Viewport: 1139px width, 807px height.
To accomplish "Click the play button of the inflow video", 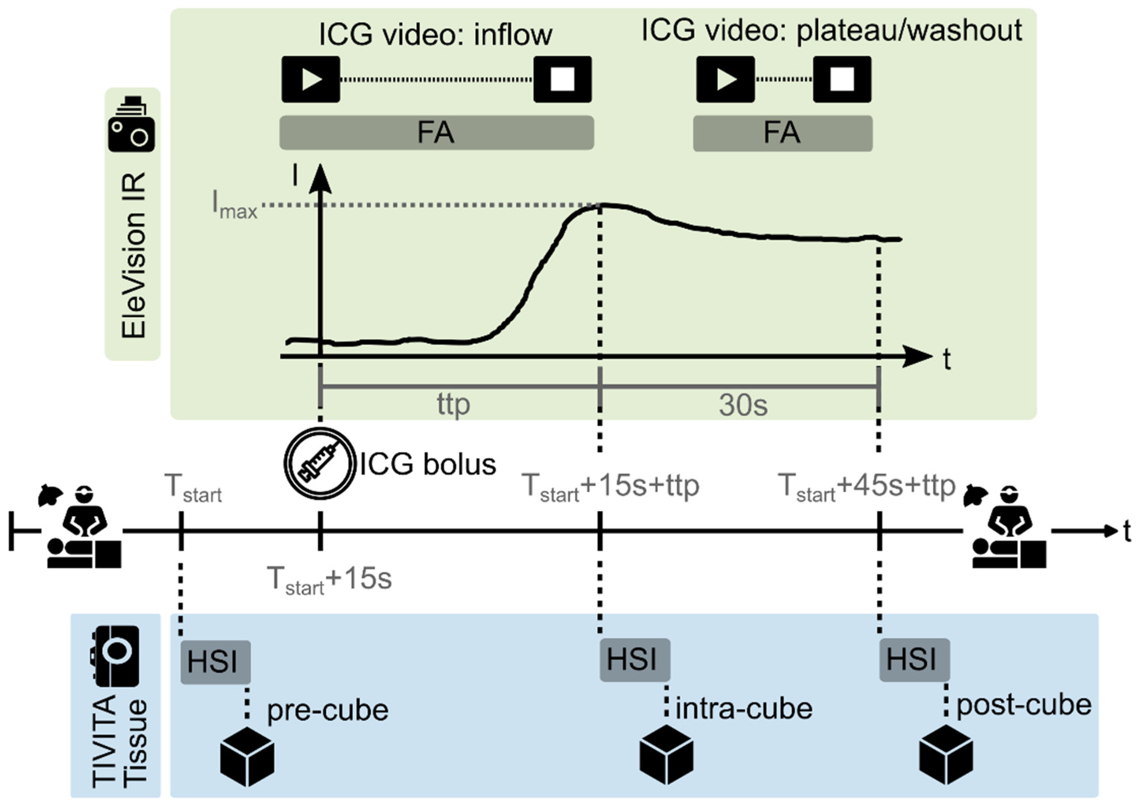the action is pyautogui.click(x=311, y=79).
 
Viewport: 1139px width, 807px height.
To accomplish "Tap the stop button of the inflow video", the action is pyautogui.click(x=563, y=79).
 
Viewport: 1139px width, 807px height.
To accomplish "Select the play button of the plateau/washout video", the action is pyautogui.click(x=726, y=79).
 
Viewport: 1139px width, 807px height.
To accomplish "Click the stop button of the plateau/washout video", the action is pyautogui.click(x=842, y=79).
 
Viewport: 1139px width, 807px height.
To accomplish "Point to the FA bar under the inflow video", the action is pyautogui.click(x=437, y=133).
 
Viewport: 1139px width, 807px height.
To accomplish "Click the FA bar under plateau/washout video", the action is pyautogui.click(x=783, y=133).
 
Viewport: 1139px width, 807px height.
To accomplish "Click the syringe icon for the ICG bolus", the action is pyautogui.click(x=320, y=463).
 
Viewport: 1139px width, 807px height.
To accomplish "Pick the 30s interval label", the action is pyautogui.click(x=743, y=405).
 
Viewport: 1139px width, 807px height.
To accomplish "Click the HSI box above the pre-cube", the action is pyautogui.click(x=215, y=662).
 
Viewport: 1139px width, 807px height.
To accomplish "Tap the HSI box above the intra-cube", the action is pyautogui.click(x=635, y=660).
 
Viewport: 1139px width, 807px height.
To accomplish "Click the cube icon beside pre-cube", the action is pyautogui.click(x=247, y=757).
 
